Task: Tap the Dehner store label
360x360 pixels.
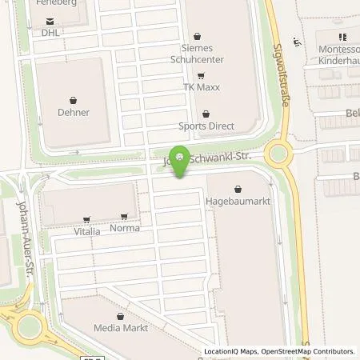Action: (x=74, y=113)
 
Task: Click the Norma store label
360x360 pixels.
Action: (x=123, y=228)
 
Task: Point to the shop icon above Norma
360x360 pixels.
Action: (x=123, y=217)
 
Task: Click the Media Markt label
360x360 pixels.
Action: (x=120, y=328)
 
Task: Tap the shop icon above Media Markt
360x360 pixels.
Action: (x=120, y=317)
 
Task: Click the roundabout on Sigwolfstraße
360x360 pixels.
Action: (x=280, y=152)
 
